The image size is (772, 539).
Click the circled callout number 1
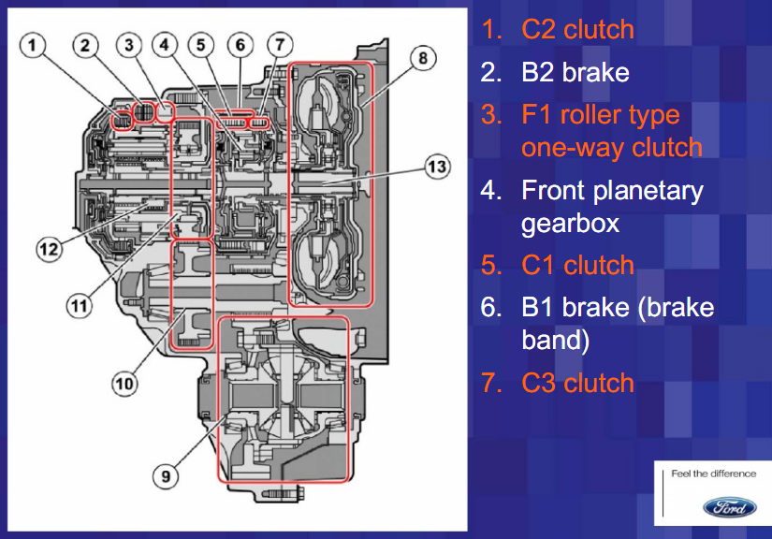(x=35, y=45)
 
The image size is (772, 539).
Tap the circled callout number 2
(x=88, y=45)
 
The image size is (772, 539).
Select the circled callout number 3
(x=129, y=45)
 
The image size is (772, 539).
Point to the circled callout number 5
(x=201, y=45)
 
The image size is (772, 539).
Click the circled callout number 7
(x=278, y=45)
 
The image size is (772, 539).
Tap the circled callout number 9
(x=165, y=475)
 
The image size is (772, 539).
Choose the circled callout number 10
(x=125, y=383)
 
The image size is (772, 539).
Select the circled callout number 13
(x=436, y=167)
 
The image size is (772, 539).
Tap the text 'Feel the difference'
(x=713, y=473)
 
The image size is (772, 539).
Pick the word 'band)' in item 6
(x=556, y=340)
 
